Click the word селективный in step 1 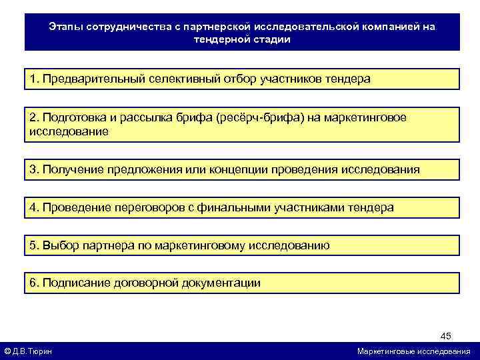click(178, 79)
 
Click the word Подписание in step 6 click(74, 283)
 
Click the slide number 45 click(446, 335)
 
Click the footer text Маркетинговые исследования click(413, 351)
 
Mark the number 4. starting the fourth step click(34, 207)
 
